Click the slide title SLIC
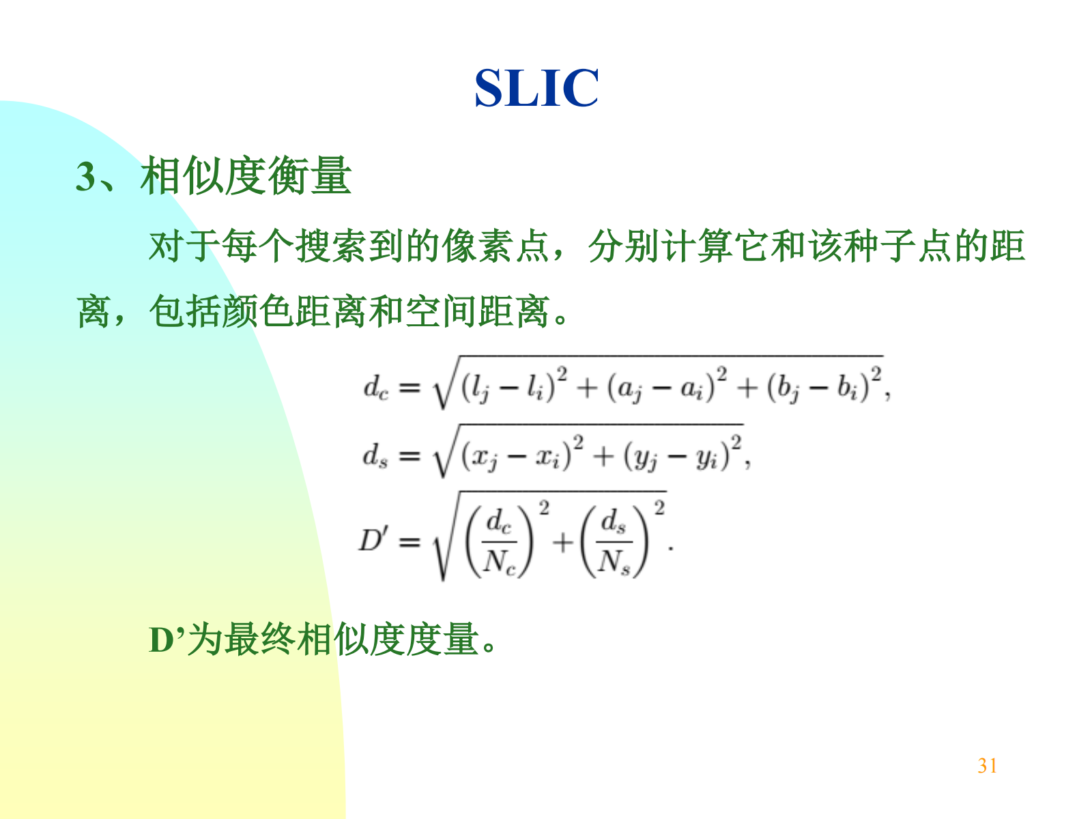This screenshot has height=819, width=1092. click(536, 88)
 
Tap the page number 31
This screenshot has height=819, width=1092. click(987, 766)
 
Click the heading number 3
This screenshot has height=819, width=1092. click(85, 177)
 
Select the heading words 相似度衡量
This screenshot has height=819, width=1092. click(246, 175)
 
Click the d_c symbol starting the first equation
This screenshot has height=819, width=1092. click(375, 388)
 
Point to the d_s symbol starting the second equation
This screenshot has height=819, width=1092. click(375, 455)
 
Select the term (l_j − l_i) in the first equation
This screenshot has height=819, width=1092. click(508, 388)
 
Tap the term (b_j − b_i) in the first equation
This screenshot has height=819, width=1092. click(818, 388)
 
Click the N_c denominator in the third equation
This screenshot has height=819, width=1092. click(500, 562)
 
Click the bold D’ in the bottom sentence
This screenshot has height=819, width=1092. click(168, 640)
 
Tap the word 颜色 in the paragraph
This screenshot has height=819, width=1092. click(258, 311)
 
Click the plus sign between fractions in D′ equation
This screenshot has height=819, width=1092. click(563, 541)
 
